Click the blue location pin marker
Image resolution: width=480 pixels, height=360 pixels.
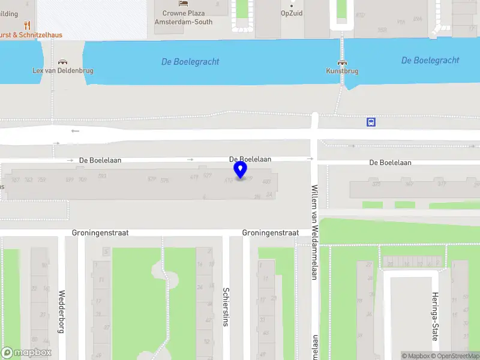241,170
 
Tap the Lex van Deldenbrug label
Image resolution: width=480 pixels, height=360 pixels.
62,71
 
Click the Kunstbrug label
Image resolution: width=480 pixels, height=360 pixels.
342,71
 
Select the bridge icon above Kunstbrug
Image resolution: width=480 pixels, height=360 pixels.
342,62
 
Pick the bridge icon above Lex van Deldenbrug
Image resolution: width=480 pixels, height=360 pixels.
62,62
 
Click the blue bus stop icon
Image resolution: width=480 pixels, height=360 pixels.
371,122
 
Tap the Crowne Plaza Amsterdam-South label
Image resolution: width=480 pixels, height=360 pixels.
179,17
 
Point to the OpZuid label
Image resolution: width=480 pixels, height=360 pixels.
292,13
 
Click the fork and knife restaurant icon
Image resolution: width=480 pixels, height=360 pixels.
27,25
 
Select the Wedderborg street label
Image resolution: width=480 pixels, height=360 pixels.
61,311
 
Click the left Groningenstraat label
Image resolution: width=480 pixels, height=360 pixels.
100,233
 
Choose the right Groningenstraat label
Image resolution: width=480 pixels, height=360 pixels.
270,233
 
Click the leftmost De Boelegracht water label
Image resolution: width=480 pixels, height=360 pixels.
190,62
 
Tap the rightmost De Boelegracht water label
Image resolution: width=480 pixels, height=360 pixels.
430,61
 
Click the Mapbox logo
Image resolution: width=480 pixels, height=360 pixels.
26,353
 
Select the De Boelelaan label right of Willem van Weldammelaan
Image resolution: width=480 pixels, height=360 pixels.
390,163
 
